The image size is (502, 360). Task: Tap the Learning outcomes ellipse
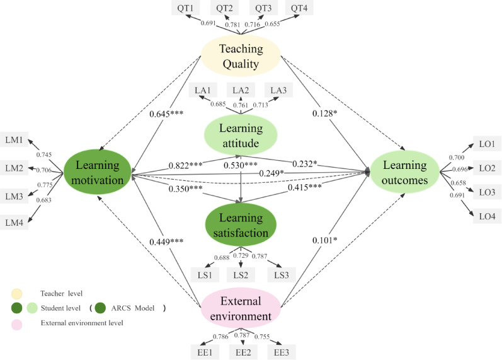(x=403, y=172)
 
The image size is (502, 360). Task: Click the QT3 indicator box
(x=265, y=9)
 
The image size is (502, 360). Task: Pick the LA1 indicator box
(x=203, y=90)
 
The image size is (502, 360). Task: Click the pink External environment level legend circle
(x=16, y=323)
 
